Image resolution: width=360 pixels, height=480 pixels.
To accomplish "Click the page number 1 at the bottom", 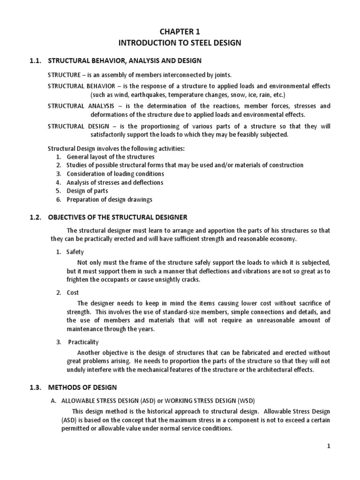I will point(329,446).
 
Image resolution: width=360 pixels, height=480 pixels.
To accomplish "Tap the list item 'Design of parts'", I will point(87,191).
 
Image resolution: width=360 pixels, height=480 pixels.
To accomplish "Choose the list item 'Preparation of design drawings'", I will point(109,199).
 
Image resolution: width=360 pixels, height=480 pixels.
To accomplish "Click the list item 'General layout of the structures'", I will point(111,157).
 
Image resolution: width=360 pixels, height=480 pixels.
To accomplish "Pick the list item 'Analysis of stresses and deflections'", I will point(115,182).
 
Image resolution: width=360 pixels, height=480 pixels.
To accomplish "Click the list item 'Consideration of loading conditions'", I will point(115,174).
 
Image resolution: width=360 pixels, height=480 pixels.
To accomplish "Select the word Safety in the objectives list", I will point(75,252).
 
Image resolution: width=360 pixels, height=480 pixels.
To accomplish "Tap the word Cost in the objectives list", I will point(73,292).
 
